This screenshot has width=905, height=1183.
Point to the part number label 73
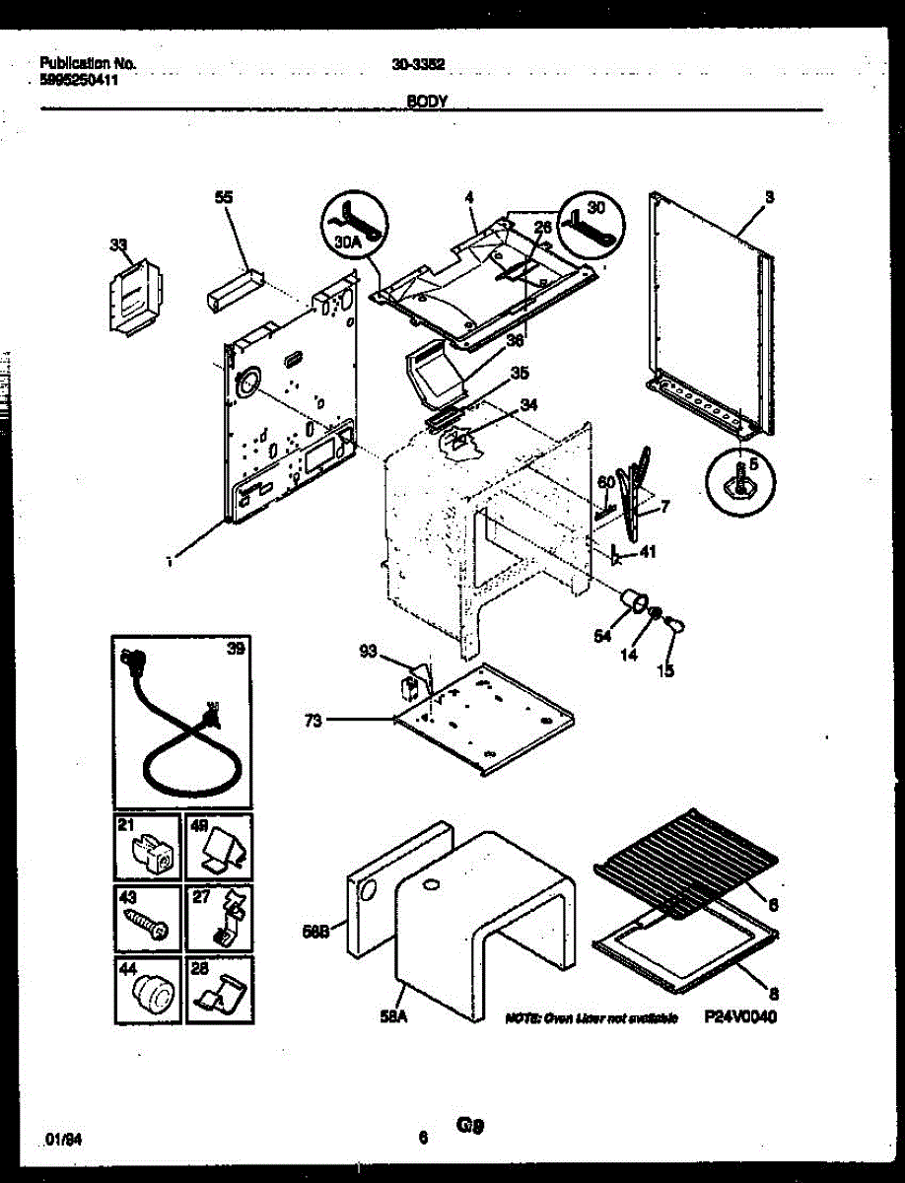313,721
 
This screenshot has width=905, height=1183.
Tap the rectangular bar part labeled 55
235,292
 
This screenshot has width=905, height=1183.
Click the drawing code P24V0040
740,1018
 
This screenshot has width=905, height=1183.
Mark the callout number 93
369,651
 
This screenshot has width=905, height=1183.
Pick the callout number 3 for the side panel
769,197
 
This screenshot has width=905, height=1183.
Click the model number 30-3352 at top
419,64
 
